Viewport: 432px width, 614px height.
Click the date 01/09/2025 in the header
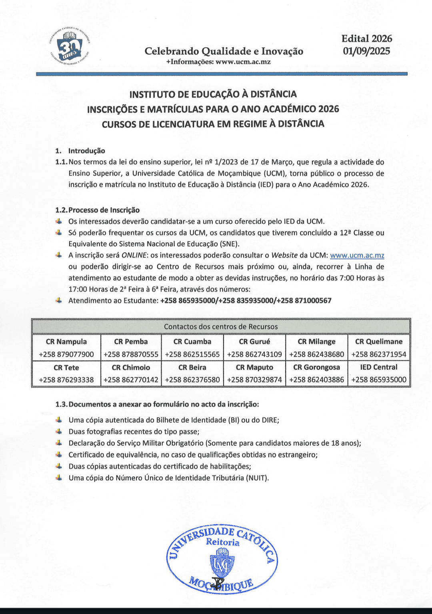pyautogui.click(x=366, y=51)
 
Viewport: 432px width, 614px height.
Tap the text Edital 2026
pyautogui.click(x=366, y=38)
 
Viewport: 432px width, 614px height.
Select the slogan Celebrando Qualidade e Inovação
pyautogui.click(x=224, y=51)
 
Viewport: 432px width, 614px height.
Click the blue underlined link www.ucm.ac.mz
pyautogui.click(x=357, y=255)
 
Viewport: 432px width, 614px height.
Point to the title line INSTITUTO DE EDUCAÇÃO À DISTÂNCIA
pyautogui.click(x=213, y=94)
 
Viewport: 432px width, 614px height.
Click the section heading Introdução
pyautogui.click(x=86, y=151)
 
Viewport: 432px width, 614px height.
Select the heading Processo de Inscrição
pyautogui.click(x=104, y=210)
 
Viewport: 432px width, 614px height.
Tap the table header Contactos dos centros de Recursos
pyautogui.click(x=221, y=326)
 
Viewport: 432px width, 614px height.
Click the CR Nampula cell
pyautogui.click(x=66, y=342)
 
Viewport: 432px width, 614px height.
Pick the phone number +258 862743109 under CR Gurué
pyautogui.click(x=254, y=354)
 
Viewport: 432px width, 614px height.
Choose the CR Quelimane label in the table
pyautogui.click(x=379, y=342)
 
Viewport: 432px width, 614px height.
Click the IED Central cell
pyautogui.click(x=379, y=367)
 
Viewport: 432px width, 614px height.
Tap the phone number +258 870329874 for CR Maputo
pyautogui.click(x=254, y=380)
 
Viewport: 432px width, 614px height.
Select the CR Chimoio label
pyautogui.click(x=131, y=367)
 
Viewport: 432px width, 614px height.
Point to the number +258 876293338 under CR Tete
pyautogui.click(x=66, y=380)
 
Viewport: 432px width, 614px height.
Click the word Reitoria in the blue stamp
pyautogui.click(x=222, y=542)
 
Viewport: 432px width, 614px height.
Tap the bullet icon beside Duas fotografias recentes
pyautogui.click(x=59, y=431)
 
